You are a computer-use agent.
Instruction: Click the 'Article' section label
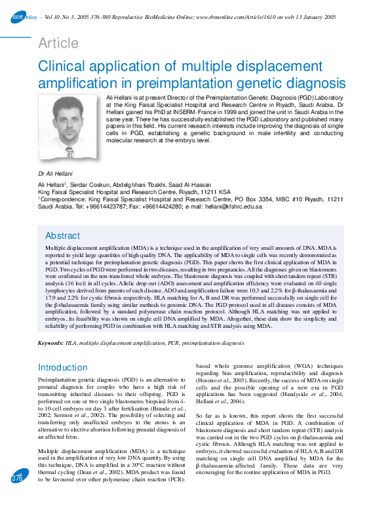[58, 43]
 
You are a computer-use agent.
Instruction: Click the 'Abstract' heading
[63, 235]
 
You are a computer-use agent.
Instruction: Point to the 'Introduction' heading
[68, 367]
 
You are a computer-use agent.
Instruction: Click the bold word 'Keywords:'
[50, 343]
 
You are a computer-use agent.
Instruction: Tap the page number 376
[17, 497]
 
